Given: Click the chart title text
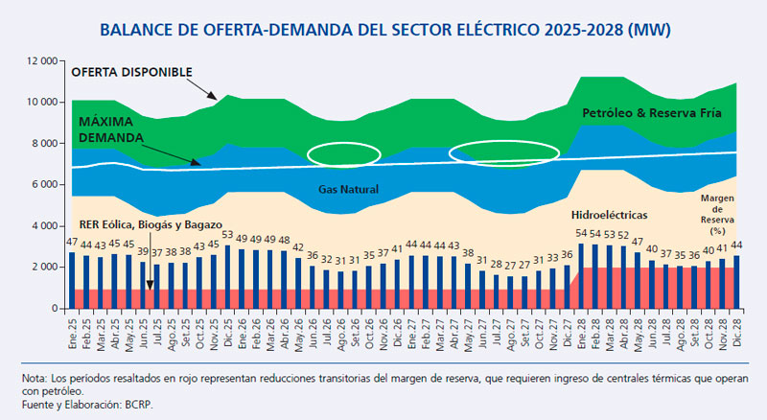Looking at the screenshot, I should point(383,30).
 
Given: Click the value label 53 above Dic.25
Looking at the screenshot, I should point(227,235).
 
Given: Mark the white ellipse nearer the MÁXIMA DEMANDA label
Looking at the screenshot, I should point(349,153).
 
